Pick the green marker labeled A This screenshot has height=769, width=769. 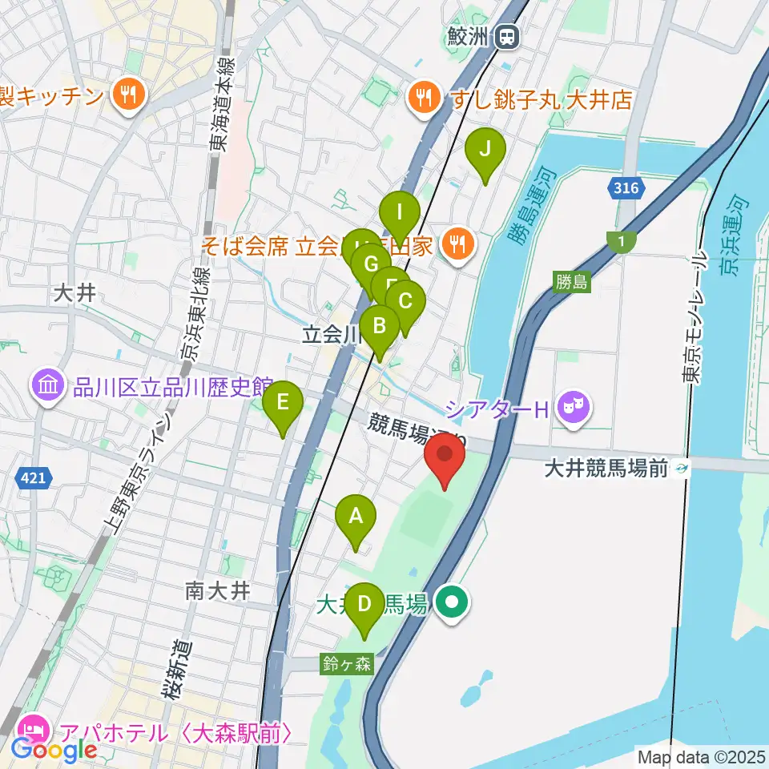[x=356, y=521]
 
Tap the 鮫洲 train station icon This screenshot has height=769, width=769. [x=507, y=35]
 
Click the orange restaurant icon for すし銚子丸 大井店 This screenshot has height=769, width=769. [x=421, y=99]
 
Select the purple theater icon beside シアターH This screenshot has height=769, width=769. [x=574, y=409]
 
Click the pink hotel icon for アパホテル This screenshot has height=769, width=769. [x=32, y=731]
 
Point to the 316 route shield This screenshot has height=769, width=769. [x=627, y=189]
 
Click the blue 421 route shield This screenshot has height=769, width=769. [x=33, y=478]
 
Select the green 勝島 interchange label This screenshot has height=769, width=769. [x=571, y=281]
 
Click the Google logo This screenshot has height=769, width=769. [x=53, y=750]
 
